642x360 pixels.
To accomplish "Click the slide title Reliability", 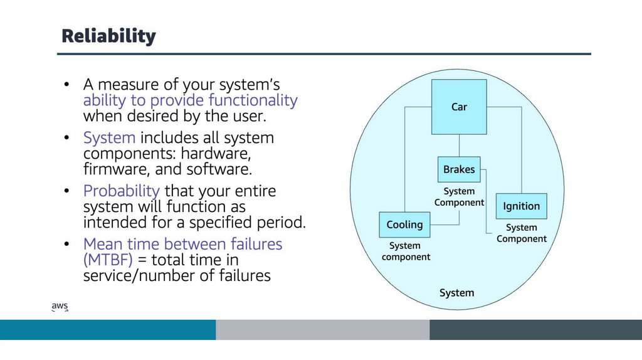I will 108,36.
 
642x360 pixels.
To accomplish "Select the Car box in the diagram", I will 459,107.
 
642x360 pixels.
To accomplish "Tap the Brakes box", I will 459,169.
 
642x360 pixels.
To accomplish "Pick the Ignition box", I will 521,206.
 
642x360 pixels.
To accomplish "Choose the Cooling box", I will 404,225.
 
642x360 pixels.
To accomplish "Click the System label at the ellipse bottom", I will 456,293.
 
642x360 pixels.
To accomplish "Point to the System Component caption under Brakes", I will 459,197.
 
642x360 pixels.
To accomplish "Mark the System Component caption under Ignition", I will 521,233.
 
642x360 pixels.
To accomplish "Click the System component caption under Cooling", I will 406,251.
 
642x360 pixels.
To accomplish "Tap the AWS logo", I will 60,306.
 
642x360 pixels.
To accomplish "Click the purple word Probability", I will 122,191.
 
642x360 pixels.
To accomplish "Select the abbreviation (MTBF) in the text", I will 108,260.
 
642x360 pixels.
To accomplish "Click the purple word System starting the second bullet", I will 109,137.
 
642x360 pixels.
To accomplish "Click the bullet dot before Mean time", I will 68,244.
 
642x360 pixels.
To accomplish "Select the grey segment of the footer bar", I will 322,330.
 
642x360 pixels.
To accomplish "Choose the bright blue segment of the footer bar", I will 108,330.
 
